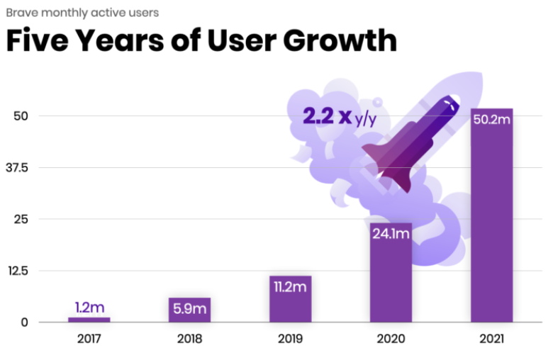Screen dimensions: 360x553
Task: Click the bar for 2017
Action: click(x=89, y=320)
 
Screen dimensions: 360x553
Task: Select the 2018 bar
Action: click(x=189, y=310)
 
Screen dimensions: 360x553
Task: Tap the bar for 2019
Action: click(x=290, y=299)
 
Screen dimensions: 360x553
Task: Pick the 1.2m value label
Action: click(x=89, y=308)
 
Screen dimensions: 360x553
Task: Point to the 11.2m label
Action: click(x=290, y=286)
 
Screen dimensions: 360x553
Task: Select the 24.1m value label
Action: click(x=391, y=233)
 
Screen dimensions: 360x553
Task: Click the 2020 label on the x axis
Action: click(x=391, y=339)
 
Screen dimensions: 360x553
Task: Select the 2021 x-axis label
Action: click(x=491, y=339)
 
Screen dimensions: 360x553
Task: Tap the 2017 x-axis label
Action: click(x=89, y=339)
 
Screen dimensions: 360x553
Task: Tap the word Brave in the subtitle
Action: click(x=21, y=12)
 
